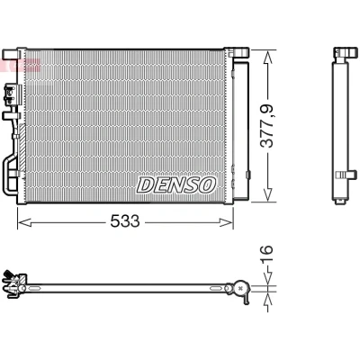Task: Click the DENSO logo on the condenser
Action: tap(176, 184)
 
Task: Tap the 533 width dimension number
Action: tap(125, 221)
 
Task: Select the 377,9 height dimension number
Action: tap(266, 126)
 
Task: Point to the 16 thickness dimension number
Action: tap(266, 254)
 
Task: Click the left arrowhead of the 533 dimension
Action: tap(24, 222)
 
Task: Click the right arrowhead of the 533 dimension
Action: tap(226, 222)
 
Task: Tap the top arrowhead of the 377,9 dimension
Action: tap(267, 57)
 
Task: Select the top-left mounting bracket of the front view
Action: tap(12, 54)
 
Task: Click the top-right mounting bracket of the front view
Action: tap(239, 52)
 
